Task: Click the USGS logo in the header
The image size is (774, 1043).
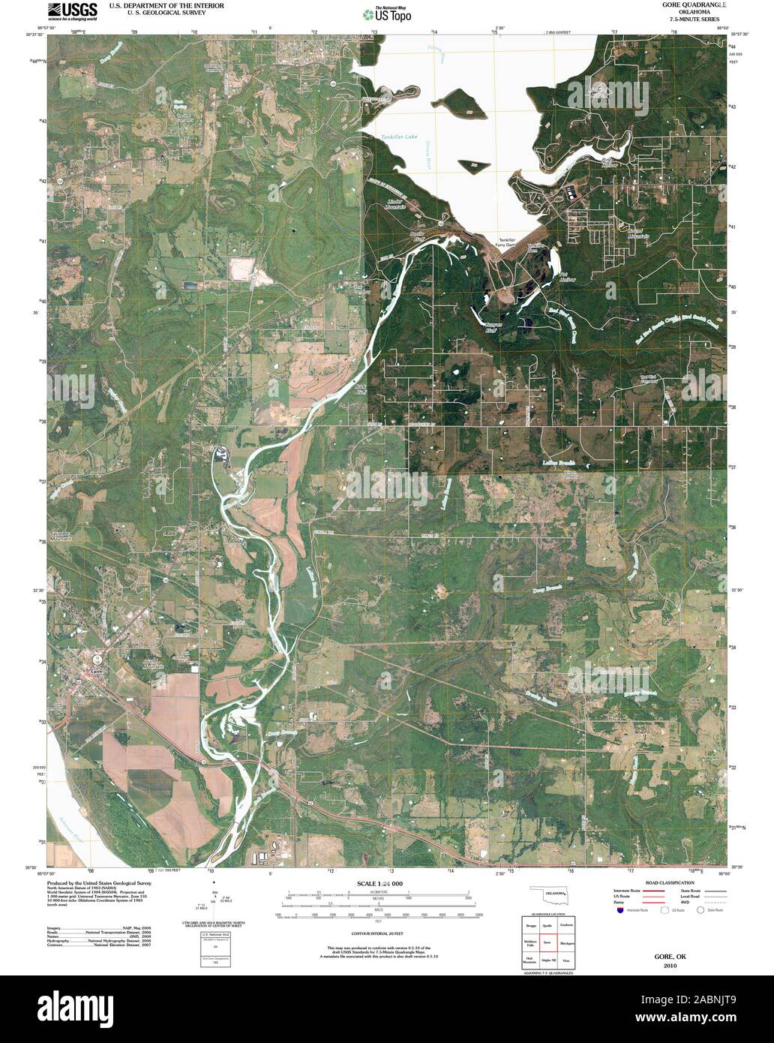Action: point(72,10)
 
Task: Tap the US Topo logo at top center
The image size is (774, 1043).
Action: point(386,13)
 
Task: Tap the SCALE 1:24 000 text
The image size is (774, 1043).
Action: point(379,883)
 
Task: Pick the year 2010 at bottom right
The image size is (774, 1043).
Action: point(669,966)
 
